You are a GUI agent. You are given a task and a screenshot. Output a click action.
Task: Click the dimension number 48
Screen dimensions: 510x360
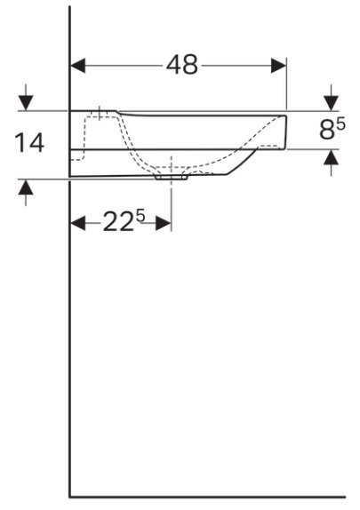[182, 67]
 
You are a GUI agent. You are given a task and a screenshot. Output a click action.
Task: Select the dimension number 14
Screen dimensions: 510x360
[31, 143]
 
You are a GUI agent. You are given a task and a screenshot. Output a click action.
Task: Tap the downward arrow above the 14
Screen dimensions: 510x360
[26, 100]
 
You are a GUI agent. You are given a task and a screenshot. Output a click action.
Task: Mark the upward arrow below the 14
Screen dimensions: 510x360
[26, 189]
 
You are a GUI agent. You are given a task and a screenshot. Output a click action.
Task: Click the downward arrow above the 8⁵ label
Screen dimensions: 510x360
[332, 101]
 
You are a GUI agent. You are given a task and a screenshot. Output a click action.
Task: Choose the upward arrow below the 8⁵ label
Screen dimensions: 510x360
[332, 159]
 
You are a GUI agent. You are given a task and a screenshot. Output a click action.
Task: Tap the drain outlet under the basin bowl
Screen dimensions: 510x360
[172, 176]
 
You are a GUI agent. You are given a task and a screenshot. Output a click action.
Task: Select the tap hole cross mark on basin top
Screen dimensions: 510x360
[100, 113]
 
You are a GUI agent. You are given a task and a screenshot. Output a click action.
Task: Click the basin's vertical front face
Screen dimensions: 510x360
[286, 131]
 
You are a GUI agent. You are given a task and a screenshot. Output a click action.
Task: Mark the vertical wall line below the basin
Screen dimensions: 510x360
[70, 338]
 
